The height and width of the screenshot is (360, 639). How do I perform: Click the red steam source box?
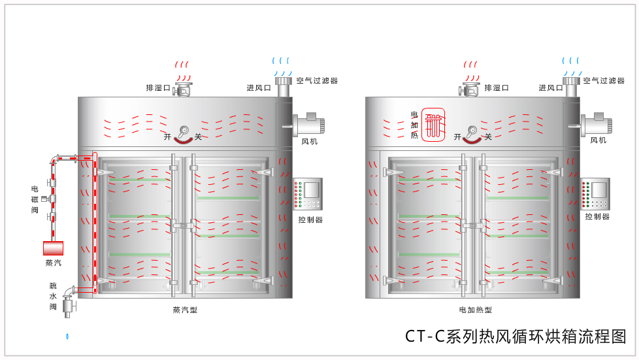point(54,248)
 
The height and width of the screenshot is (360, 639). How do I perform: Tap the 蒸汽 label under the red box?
point(54,263)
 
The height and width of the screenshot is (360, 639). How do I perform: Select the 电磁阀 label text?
point(35,200)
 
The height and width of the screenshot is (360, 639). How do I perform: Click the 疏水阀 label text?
point(54,296)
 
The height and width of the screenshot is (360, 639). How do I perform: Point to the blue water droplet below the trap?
point(67,336)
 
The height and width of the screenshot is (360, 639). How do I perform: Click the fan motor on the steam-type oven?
point(308,125)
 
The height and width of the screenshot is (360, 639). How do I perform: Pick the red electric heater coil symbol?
point(433,124)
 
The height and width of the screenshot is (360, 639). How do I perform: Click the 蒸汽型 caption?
point(185,310)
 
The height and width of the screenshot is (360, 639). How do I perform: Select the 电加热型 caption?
point(475,310)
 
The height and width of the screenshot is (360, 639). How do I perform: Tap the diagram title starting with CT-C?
point(516,336)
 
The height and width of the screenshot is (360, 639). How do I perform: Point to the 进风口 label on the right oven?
point(551,88)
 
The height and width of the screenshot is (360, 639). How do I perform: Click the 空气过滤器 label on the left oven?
point(317,81)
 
